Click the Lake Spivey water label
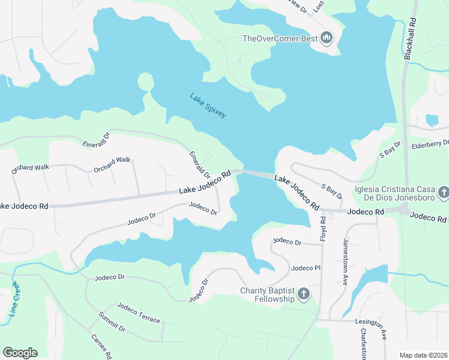click(x=208, y=105)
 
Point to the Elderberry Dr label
click(x=430, y=144)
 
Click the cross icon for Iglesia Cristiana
click(x=444, y=193)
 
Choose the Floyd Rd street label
click(x=323, y=229)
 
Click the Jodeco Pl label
click(x=303, y=268)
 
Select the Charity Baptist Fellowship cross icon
click(x=304, y=294)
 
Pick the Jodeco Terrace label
click(x=139, y=313)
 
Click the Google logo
click(x=20, y=353)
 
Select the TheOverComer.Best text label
click(x=280, y=39)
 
